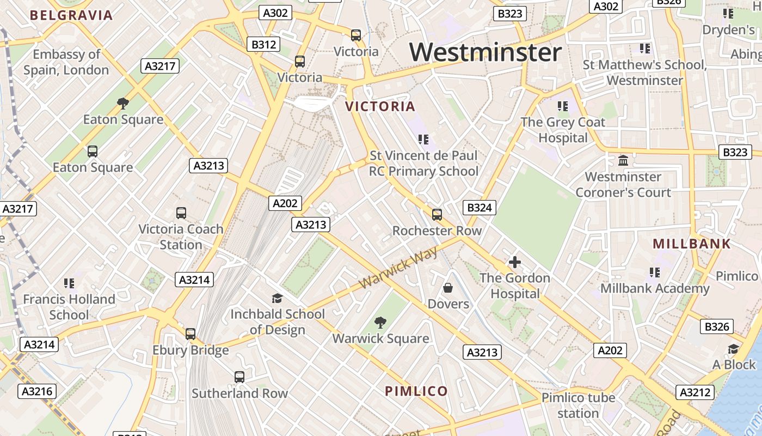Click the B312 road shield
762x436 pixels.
tap(264, 45)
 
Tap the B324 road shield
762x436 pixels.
tap(480, 207)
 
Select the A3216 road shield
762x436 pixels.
tap(38, 391)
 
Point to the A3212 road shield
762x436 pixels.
tap(695, 392)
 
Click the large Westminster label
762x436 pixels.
tap(486, 53)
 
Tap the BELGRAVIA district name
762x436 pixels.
tap(71, 15)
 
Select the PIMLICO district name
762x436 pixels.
tap(416, 391)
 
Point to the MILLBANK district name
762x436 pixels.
tap(692, 244)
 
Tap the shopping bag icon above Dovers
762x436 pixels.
tap(448, 287)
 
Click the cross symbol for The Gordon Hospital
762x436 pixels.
tap(514, 262)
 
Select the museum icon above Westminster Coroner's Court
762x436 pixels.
tap(623, 161)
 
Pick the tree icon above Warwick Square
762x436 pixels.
tap(380, 323)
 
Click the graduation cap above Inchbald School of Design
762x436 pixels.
tap(278, 298)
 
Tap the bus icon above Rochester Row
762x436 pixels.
tap(437, 214)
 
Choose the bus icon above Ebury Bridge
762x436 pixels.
tap(190, 334)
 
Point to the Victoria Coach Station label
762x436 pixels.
tap(181, 237)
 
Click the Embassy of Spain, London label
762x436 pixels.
tap(66, 62)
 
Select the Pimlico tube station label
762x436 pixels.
tap(578, 405)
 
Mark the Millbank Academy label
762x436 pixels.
tap(655, 288)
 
